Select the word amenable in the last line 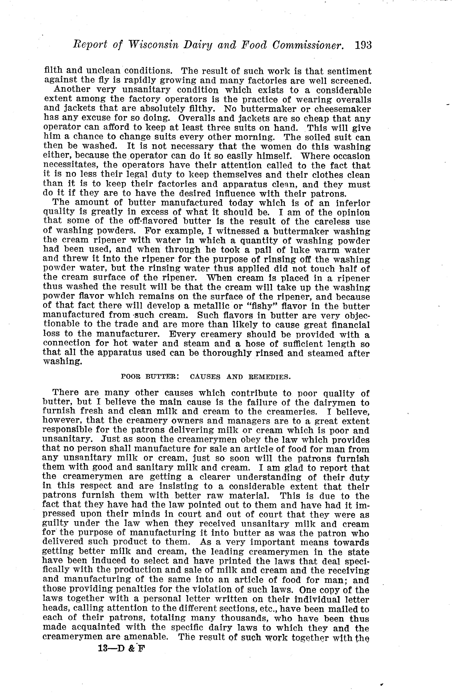point(146,637)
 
